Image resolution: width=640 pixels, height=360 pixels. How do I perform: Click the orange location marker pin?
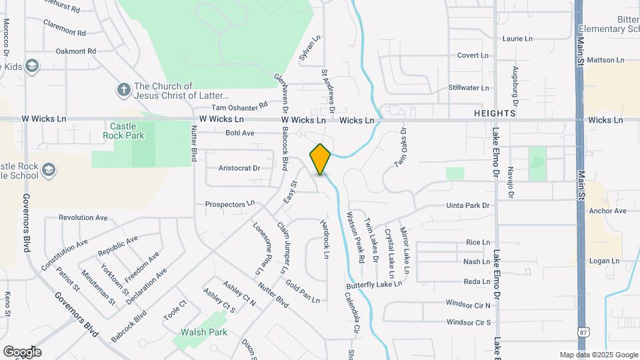pos(321,159)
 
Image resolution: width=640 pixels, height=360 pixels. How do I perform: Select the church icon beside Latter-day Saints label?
pos(123,89)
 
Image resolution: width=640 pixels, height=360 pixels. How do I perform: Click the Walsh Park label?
pos(204,332)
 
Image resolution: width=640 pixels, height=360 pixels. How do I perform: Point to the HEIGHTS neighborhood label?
pos(494,113)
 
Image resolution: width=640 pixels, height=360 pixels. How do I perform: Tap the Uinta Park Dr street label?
pos(468,206)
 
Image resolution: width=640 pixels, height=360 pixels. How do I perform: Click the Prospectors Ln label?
pos(230,204)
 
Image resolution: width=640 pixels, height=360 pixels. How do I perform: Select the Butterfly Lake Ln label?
pos(373,284)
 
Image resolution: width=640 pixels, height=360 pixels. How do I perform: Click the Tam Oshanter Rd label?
pos(239,105)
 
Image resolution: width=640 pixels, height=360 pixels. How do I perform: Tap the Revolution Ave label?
pos(83,217)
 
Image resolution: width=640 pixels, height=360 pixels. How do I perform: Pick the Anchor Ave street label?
pos(608,211)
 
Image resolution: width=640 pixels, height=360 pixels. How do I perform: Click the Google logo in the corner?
pos(22,351)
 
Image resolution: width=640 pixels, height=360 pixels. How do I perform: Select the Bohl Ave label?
pos(240,133)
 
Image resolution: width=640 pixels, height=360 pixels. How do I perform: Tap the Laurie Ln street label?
pos(517,39)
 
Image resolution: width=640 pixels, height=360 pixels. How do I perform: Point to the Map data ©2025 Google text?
pos(599,355)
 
